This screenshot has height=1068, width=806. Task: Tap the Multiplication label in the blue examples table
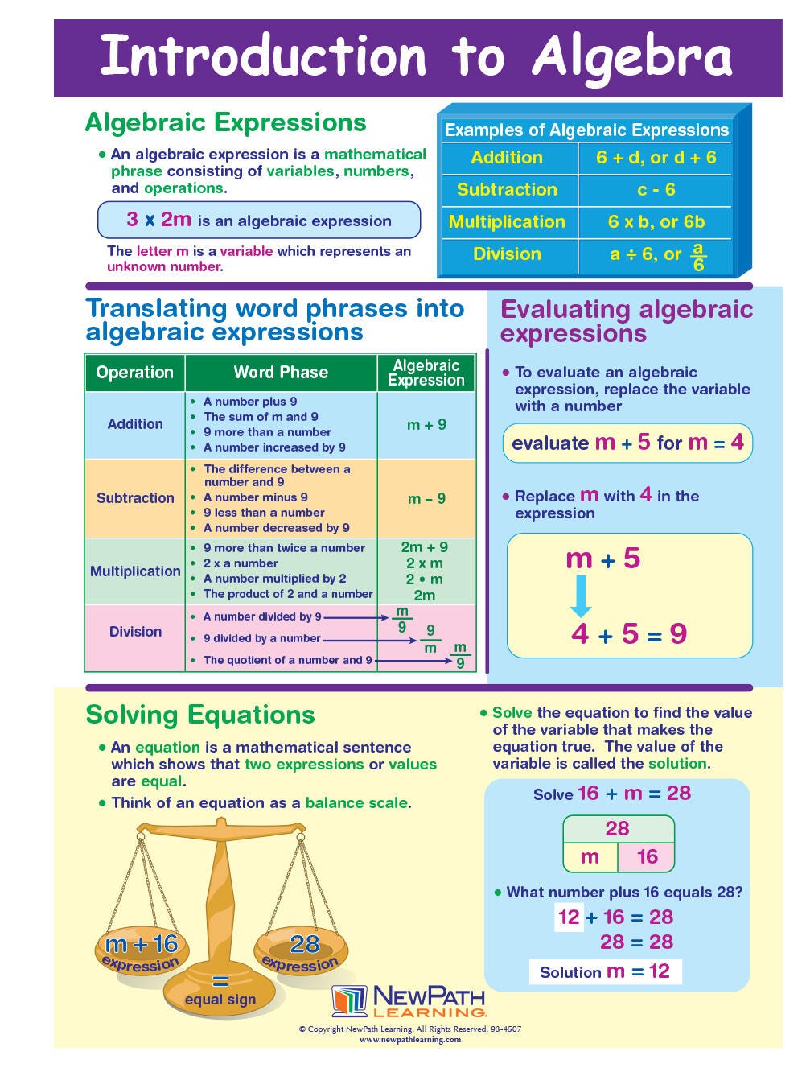pos(507,222)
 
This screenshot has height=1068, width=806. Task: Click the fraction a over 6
pos(698,257)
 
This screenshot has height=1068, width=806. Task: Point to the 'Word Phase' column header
pos(281,373)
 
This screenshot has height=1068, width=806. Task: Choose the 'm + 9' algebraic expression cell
pos(426,425)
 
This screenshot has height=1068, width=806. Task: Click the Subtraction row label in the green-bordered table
pos(135,498)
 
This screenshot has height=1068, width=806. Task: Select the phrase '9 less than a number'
pos(264,513)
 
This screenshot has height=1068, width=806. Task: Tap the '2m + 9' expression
pos(425,547)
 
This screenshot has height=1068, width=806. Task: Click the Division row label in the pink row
pos(135,632)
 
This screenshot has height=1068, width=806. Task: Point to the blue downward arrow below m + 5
pos(581,596)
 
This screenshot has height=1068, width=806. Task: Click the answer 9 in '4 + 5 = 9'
pos(678,634)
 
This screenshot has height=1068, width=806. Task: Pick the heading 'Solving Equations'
pos(200,715)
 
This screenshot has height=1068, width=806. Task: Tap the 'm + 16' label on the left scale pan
pos(142,943)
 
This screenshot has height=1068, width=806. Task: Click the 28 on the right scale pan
pos(305,943)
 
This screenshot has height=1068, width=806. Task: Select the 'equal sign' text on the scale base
pos(220,1000)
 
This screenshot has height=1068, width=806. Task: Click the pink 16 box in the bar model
pos(647,857)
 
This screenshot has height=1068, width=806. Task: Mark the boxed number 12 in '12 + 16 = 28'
pos(569,917)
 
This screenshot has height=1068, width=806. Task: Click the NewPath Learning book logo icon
pos(350,1001)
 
